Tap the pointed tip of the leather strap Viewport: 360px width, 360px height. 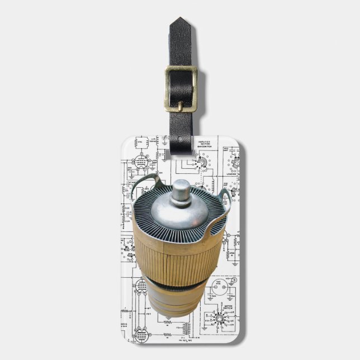[x=181, y=21]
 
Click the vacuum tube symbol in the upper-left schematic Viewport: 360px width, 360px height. [x=141, y=162]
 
